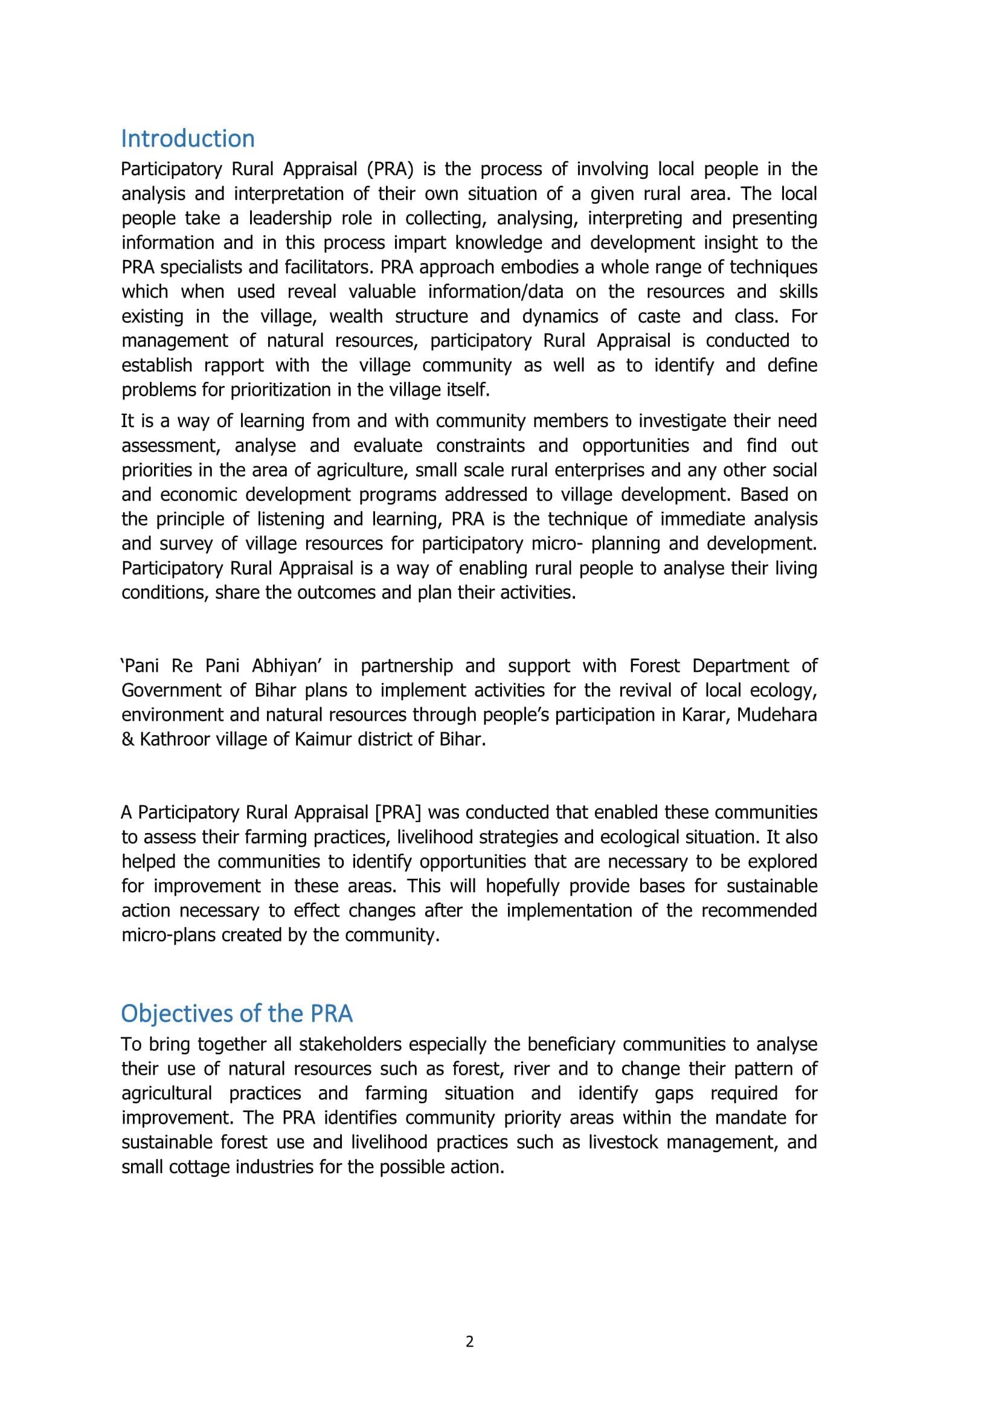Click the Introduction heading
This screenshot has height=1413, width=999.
[188, 139]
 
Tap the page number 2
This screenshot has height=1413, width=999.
[470, 1342]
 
